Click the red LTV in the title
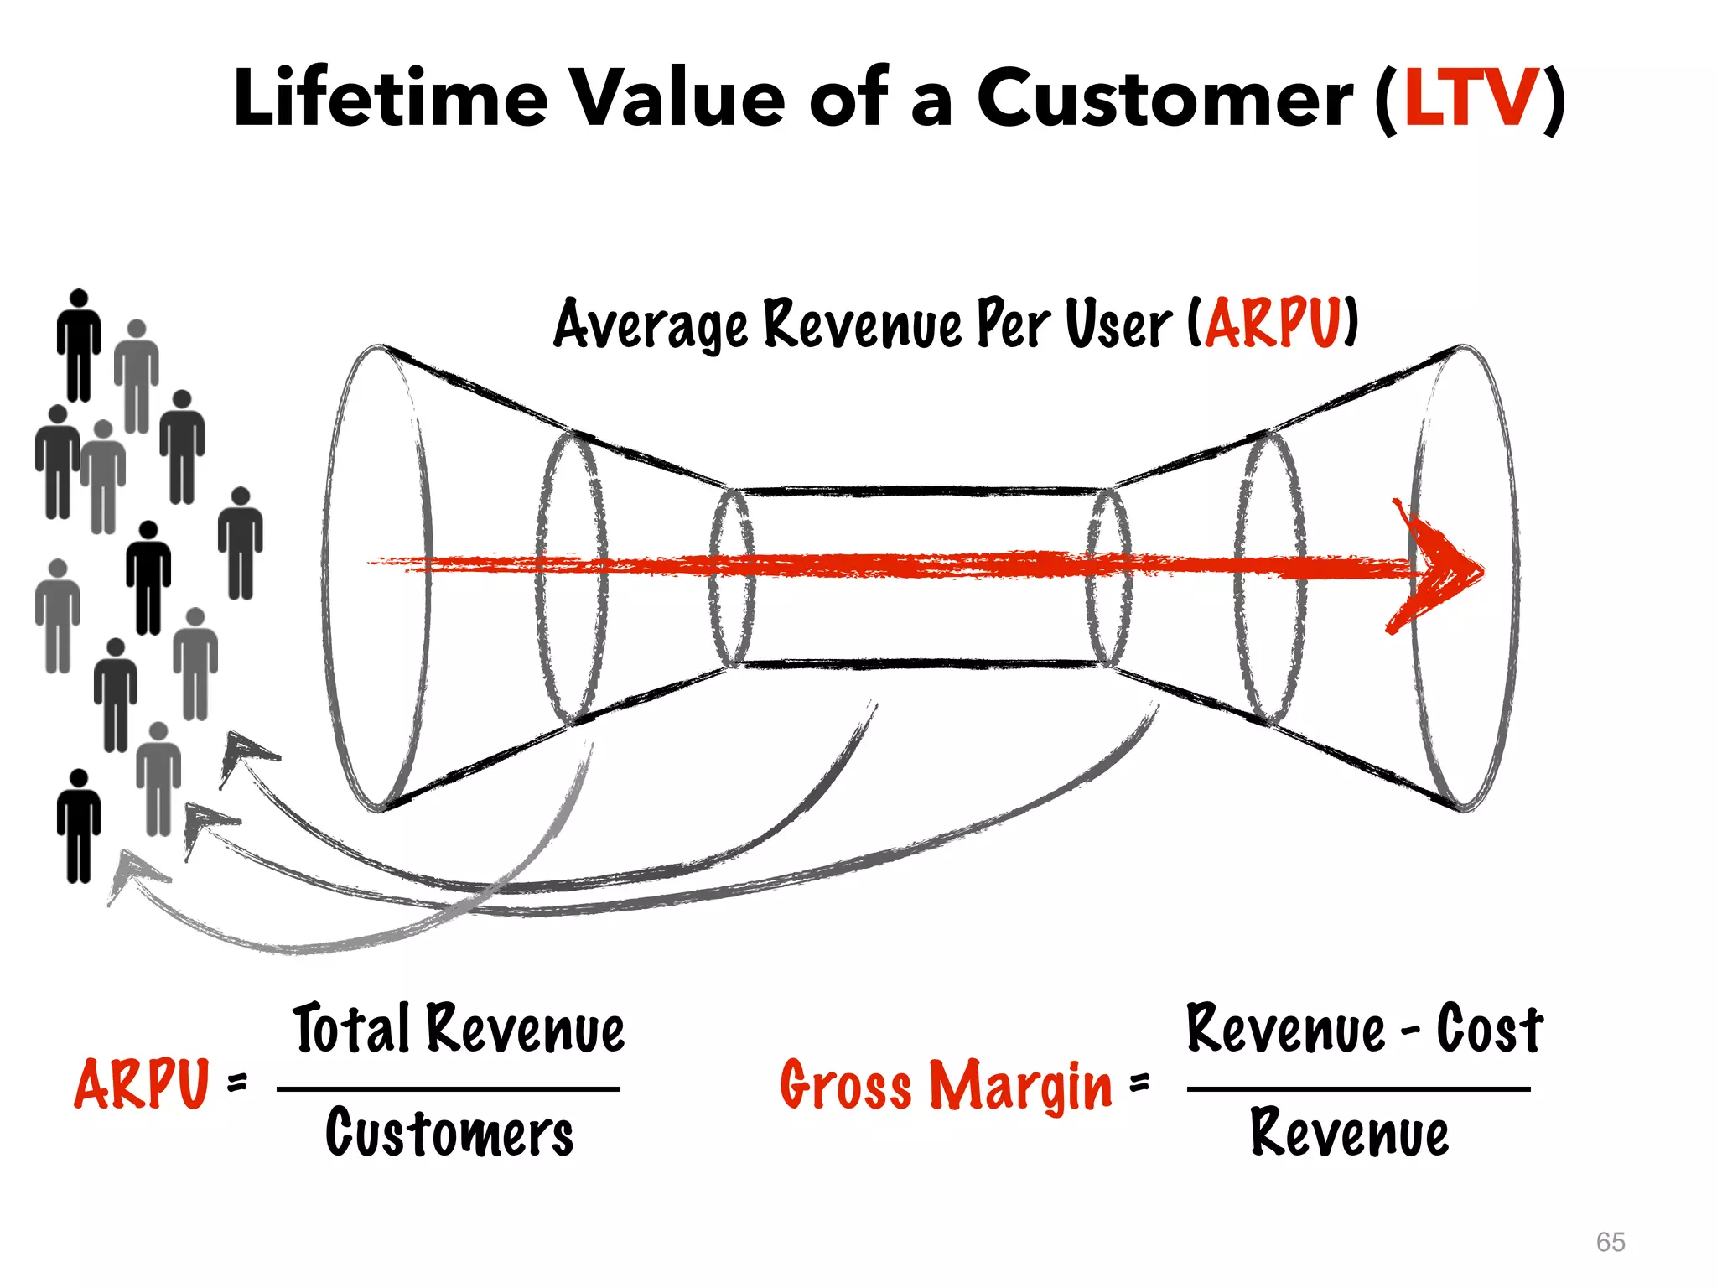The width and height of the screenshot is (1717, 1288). pyautogui.click(x=1471, y=99)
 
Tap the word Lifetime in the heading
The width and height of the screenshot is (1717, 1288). pyautogui.click(x=390, y=99)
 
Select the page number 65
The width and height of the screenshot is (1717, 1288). pyautogui.click(x=1610, y=1242)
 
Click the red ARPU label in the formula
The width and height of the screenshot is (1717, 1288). pyautogui.click(x=141, y=1083)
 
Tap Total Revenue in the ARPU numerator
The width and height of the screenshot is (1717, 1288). pyautogui.click(x=459, y=1029)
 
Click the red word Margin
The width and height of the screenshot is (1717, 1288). pyautogui.click(x=1021, y=1086)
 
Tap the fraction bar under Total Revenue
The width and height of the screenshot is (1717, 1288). pyautogui.click(x=449, y=1089)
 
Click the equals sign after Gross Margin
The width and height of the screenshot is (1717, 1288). pyautogui.click(x=1139, y=1083)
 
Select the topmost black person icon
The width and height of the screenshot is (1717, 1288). pyautogui.click(x=79, y=344)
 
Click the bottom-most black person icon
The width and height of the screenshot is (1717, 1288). pyautogui.click(x=79, y=826)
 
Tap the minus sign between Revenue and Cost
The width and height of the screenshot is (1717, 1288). pyautogui.click(x=1410, y=1031)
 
